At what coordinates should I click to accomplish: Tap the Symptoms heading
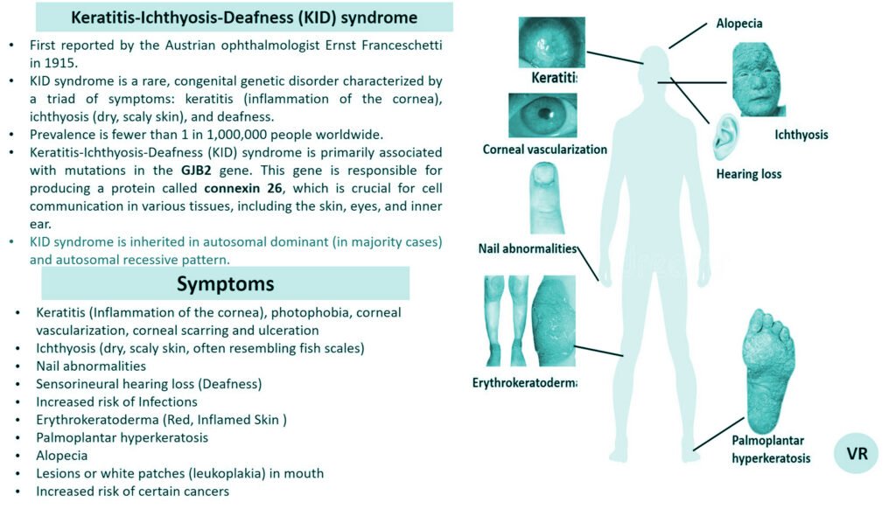point(225,283)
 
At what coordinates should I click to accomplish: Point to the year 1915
point(59,62)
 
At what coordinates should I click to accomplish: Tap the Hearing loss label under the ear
point(749,174)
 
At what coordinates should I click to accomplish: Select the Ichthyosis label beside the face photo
point(801,135)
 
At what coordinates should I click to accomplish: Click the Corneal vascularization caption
point(544,150)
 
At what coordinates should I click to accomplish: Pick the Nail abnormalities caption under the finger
point(528,248)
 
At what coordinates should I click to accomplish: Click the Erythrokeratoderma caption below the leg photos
point(524,383)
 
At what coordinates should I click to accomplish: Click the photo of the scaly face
point(759,80)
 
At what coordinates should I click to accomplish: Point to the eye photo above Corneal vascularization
point(542,115)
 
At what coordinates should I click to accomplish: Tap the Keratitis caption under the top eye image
point(555,79)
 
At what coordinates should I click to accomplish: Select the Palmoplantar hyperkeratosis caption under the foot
point(771,449)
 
